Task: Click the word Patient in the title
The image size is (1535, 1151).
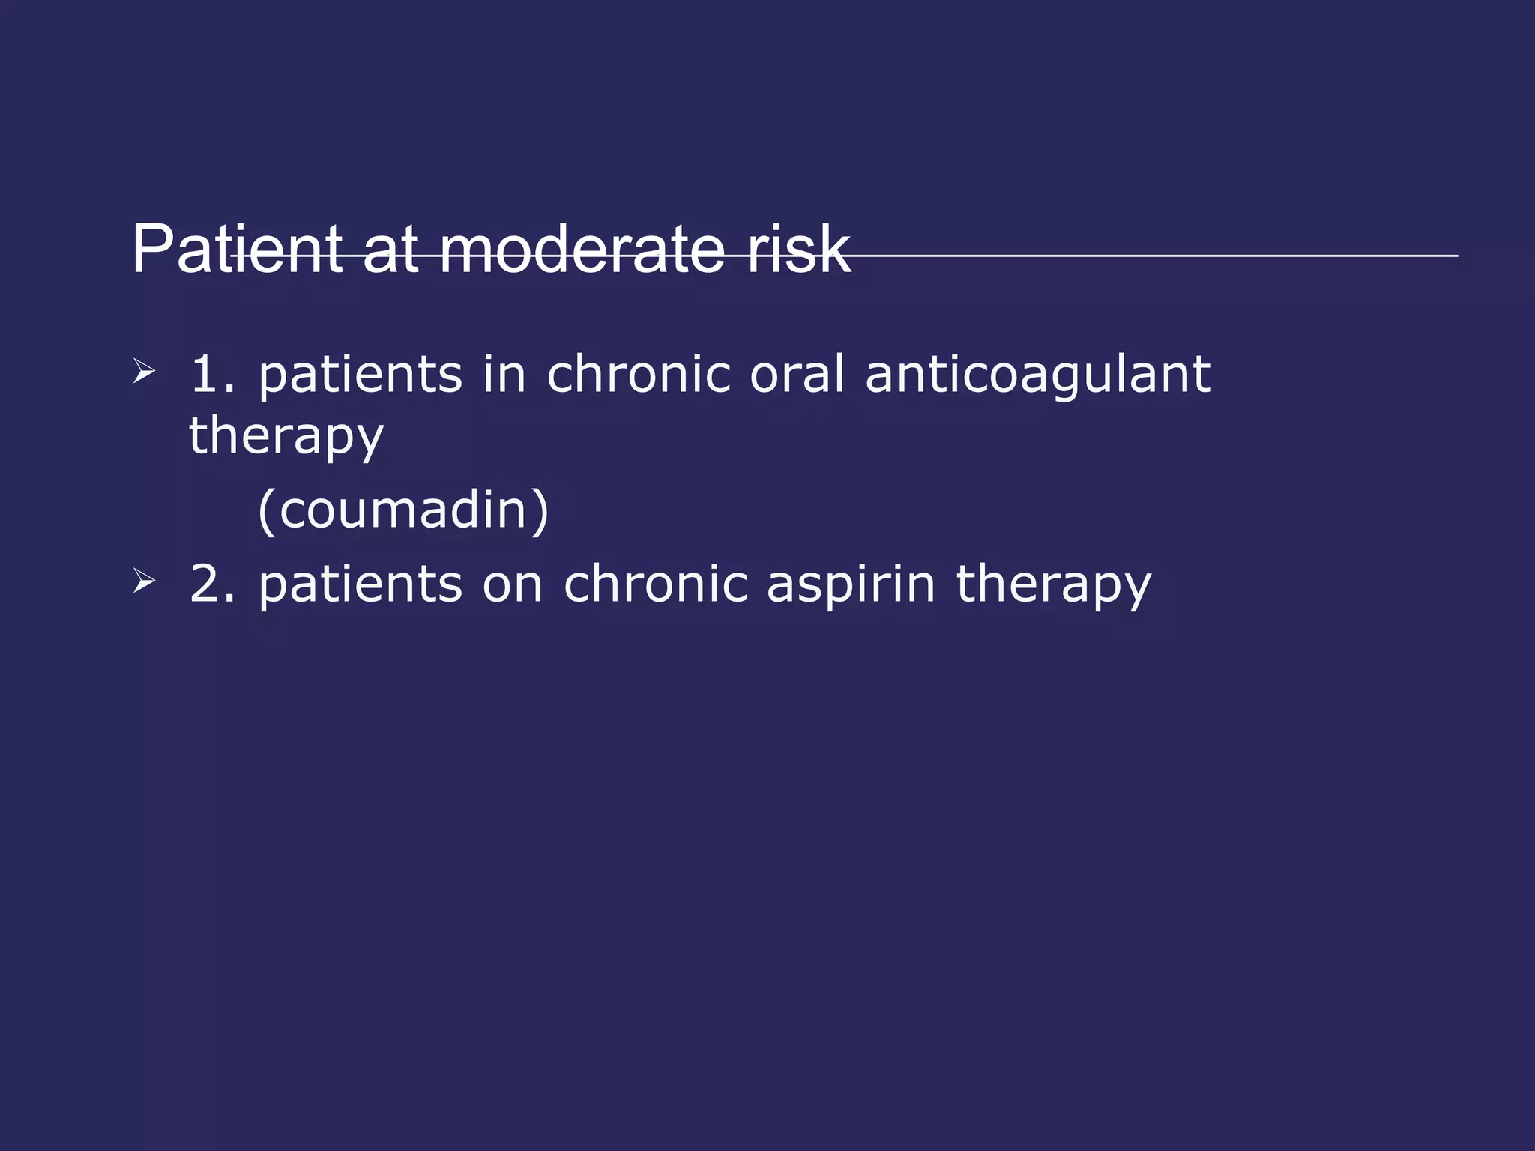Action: pyautogui.click(x=238, y=250)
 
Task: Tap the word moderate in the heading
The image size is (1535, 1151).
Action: pyautogui.click(x=582, y=250)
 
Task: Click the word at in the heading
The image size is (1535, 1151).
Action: pyautogui.click(x=390, y=250)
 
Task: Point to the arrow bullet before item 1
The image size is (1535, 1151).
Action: pyautogui.click(x=143, y=372)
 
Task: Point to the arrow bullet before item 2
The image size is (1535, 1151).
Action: pyautogui.click(x=143, y=581)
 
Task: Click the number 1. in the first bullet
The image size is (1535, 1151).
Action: pyautogui.click(x=212, y=374)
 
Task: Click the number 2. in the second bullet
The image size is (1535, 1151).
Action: pyautogui.click(x=212, y=584)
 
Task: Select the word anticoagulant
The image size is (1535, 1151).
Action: pyautogui.click(x=1037, y=374)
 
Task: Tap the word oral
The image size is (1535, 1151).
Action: pyautogui.click(x=797, y=374)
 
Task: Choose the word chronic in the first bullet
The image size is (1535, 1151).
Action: pyautogui.click(x=638, y=374)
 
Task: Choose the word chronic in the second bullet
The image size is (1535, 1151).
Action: pyautogui.click(x=655, y=584)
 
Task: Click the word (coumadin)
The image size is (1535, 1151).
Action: pyautogui.click(x=403, y=510)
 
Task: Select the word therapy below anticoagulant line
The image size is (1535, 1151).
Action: pyautogui.click(x=286, y=437)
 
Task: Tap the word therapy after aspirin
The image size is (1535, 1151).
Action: pyautogui.click(x=1053, y=584)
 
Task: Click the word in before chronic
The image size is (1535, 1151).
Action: pyautogui.click(x=504, y=374)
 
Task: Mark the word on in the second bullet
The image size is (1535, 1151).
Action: pyautogui.click(x=512, y=584)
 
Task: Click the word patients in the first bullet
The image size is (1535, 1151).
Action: pyautogui.click(x=360, y=374)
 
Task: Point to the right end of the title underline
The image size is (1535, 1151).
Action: pyautogui.click(x=1456, y=256)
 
